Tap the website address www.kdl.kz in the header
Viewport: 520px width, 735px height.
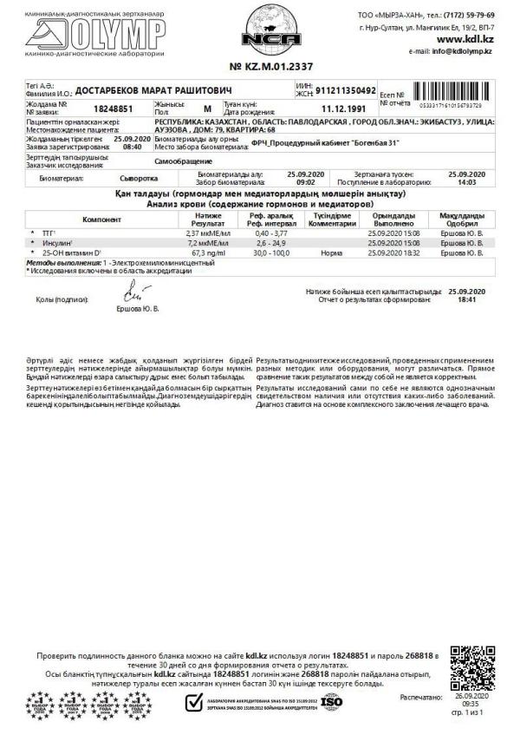pyautogui.click(x=465, y=40)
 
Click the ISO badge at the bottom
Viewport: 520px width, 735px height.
pyautogui.click(x=332, y=700)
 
